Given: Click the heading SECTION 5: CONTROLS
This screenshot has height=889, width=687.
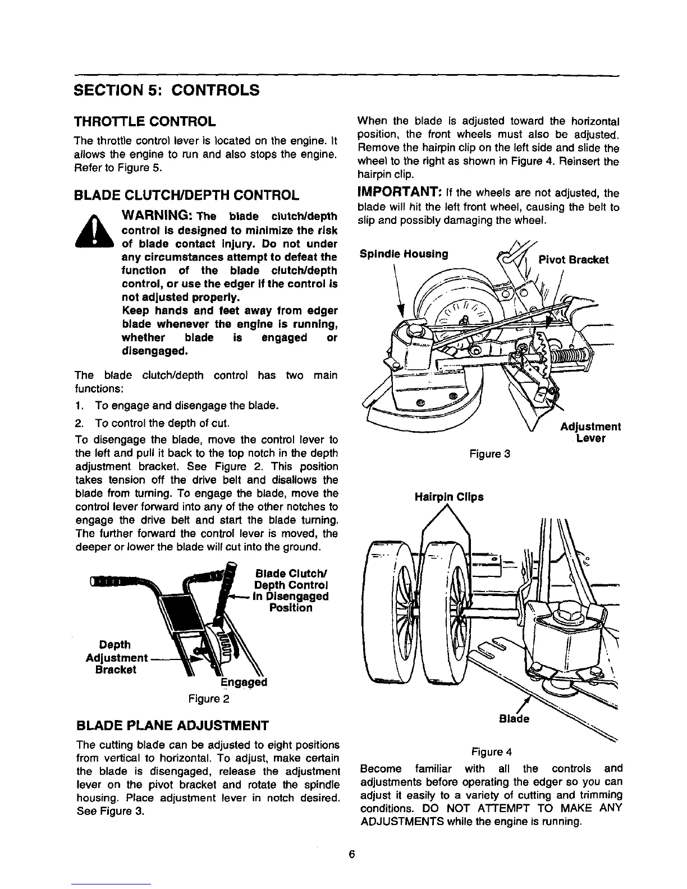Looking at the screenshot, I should pyautogui.click(x=167, y=90).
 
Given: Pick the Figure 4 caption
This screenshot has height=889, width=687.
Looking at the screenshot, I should pyautogui.click(x=492, y=751).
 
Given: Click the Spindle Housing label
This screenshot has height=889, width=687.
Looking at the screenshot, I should pyautogui.click(x=402, y=254).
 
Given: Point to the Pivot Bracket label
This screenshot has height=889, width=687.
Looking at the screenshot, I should pyautogui.click(x=572, y=260).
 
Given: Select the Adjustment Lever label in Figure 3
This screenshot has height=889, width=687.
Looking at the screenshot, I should pyautogui.click(x=590, y=433).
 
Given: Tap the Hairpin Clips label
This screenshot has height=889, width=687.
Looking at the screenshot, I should pyautogui.click(x=448, y=497).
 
